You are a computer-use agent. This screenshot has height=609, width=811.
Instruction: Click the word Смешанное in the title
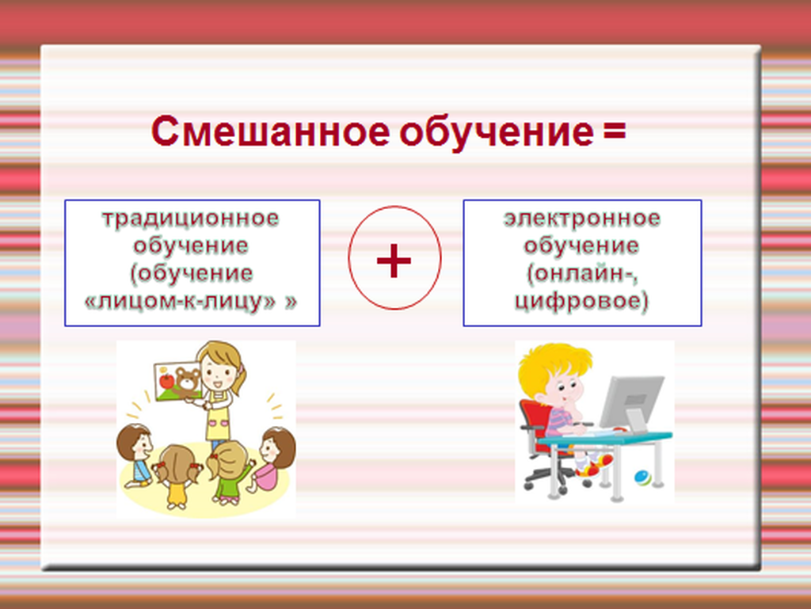click(271, 131)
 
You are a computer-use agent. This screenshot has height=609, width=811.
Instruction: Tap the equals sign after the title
click(614, 131)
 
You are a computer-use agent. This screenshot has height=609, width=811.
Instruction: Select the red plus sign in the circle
click(394, 261)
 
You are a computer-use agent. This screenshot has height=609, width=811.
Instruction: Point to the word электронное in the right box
click(582, 219)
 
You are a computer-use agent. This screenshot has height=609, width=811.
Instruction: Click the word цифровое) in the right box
click(581, 302)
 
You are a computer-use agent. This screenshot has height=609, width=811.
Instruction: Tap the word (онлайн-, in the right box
click(582, 274)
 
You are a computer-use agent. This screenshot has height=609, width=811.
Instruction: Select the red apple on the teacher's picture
click(166, 380)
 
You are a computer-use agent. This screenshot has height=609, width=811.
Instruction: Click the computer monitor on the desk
click(632, 403)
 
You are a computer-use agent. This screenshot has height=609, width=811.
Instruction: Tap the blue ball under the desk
click(643, 478)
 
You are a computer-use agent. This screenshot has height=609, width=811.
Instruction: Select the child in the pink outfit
click(270, 459)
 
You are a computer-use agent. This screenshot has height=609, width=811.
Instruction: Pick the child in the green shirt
click(230, 471)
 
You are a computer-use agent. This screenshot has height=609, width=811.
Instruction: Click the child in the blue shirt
click(135, 455)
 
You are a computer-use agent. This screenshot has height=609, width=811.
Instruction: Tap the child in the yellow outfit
click(177, 477)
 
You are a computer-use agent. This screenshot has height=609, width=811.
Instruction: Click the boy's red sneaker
click(594, 467)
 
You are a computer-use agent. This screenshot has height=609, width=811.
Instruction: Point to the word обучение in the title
click(497, 132)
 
